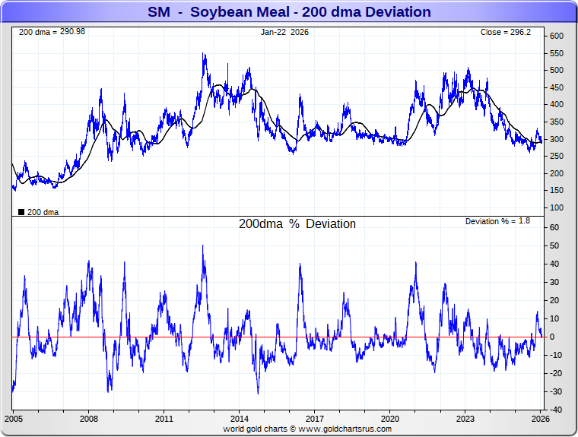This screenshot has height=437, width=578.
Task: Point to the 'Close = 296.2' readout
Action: (x=509, y=33)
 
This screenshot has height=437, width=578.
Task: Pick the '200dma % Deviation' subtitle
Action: (x=297, y=224)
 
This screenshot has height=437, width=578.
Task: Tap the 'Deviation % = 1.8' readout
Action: (x=497, y=221)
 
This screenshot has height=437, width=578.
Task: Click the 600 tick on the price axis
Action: (x=557, y=36)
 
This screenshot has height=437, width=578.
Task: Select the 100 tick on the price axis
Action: (x=557, y=207)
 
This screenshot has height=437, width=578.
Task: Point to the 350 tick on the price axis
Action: (x=557, y=122)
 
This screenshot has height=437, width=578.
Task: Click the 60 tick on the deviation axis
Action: (x=554, y=227)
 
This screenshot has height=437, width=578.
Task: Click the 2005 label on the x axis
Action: (x=14, y=419)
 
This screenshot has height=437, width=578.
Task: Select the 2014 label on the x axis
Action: (x=239, y=419)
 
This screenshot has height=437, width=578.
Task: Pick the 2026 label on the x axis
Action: (x=539, y=419)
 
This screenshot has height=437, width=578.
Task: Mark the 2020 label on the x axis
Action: (x=389, y=419)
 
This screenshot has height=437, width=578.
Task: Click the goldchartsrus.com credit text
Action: (x=307, y=429)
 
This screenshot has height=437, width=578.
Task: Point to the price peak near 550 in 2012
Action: (x=204, y=54)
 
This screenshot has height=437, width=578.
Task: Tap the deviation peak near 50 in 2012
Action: (x=203, y=245)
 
